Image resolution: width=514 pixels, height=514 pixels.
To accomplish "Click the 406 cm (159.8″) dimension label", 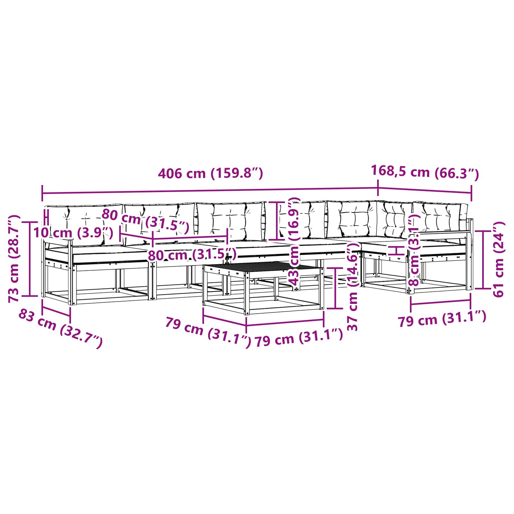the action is tap(210, 173).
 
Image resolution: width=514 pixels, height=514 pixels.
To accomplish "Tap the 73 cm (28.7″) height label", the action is tap(14, 259).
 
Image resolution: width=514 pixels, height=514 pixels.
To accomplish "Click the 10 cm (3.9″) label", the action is tap(73, 233).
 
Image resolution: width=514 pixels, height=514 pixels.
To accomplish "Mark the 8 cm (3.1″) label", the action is tap(414, 251).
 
